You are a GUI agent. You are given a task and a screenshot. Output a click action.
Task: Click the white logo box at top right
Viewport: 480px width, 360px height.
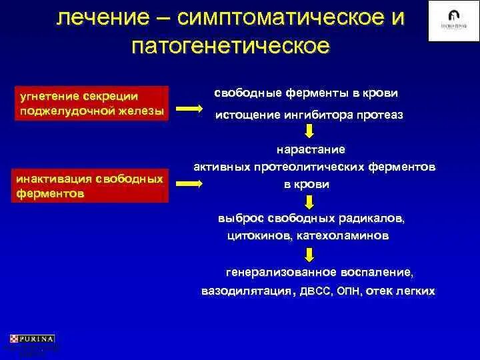point(449,21)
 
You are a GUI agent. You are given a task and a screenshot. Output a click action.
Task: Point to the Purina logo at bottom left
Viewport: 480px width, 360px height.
point(33,339)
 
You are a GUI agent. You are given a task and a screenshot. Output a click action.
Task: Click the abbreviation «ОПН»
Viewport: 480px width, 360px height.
point(350,291)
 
